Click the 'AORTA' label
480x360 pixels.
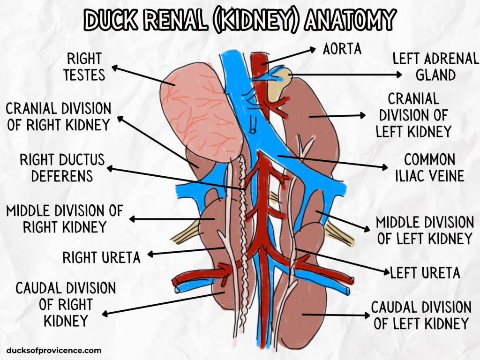pyautogui.click(x=342, y=49)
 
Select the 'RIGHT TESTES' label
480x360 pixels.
pyautogui.click(x=84, y=67)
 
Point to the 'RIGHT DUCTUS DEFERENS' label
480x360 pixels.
pyautogui.click(x=62, y=167)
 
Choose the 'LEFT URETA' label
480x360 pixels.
pyautogui.click(x=426, y=272)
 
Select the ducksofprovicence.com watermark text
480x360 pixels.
pyautogui.click(x=54, y=350)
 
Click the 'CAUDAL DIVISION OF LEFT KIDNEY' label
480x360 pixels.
pyautogui.click(x=421, y=315)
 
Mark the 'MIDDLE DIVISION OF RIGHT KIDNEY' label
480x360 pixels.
pyautogui.click(x=64, y=219)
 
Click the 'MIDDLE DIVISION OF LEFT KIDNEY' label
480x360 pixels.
pyautogui.click(x=425, y=230)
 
